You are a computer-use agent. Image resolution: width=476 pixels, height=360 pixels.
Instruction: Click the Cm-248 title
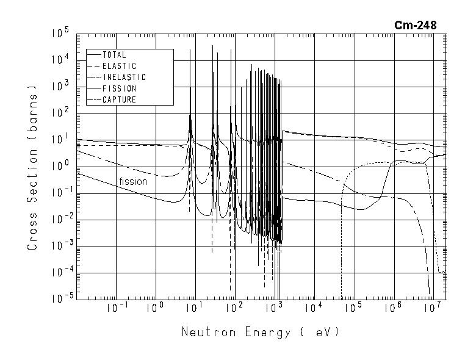pos(416,25)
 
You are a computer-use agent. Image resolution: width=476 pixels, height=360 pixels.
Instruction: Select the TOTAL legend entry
pos(114,55)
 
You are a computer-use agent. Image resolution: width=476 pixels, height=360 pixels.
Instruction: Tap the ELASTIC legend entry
pos(119,66)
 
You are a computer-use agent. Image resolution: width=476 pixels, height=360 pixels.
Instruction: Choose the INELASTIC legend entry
pos(124,77)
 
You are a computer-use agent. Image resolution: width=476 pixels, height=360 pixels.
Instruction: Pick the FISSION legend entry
pos(119,88)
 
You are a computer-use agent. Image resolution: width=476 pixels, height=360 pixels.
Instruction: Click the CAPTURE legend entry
pos(119,99)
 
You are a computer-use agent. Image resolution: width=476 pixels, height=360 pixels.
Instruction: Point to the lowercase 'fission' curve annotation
pos(133,181)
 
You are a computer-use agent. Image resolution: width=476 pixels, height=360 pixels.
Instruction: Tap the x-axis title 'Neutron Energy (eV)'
pos(259,333)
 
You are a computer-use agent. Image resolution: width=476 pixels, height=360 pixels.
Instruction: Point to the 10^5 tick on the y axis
pos(61,33)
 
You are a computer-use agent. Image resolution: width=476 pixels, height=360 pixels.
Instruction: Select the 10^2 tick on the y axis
pos(61,113)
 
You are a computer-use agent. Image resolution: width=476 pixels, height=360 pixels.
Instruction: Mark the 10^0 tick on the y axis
pos(61,166)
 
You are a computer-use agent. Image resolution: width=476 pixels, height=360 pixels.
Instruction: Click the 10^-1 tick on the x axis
pos(115,308)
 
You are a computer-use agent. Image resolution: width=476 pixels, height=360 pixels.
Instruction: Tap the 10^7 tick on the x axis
pos(431,308)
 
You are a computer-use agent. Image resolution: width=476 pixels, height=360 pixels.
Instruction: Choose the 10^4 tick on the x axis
pos(313,308)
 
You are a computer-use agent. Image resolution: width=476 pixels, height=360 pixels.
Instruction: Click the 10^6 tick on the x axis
pos(392,308)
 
